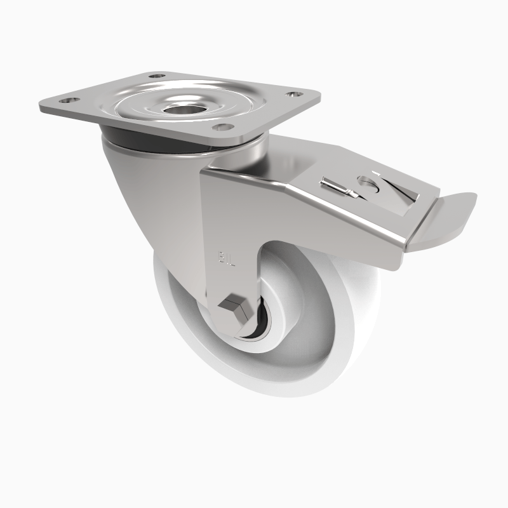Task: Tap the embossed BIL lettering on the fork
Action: click(x=227, y=257)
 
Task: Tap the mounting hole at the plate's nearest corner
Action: click(x=220, y=128)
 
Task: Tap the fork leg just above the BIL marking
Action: click(x=229, y=222)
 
